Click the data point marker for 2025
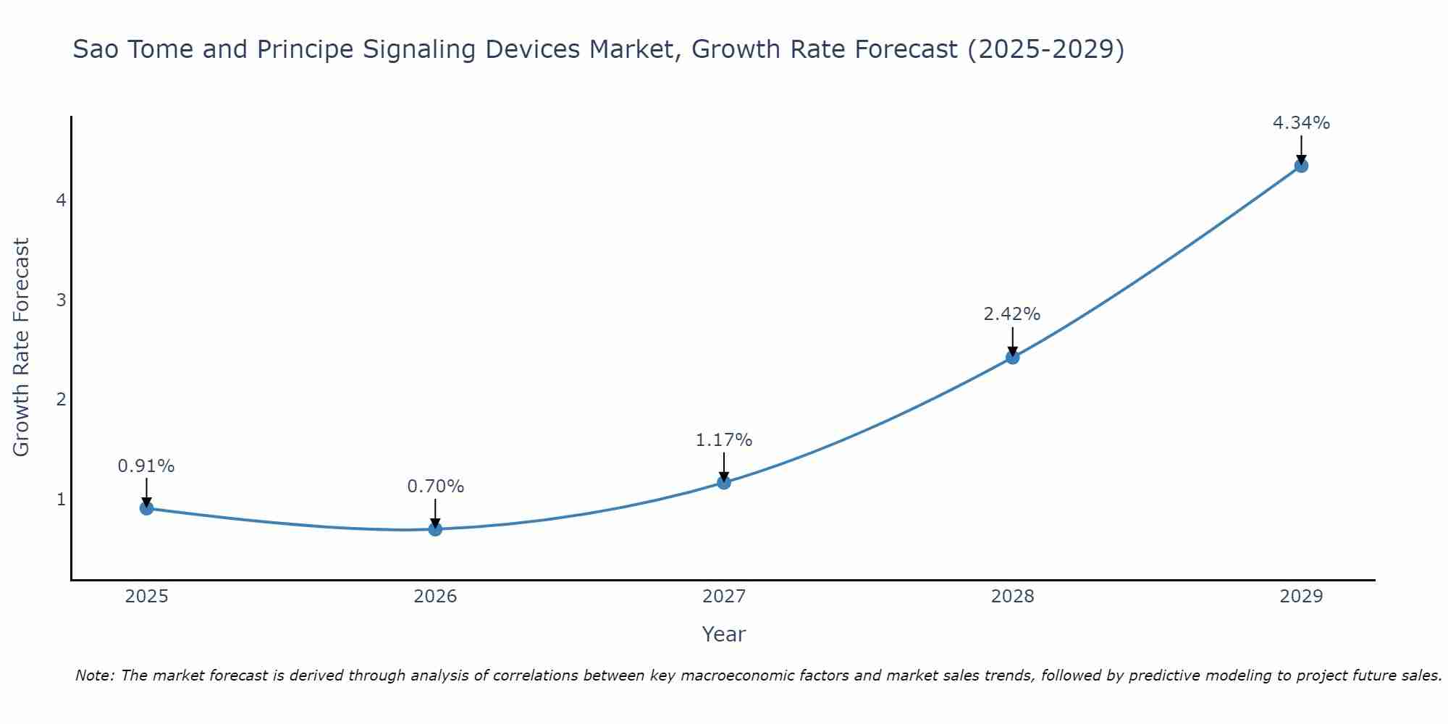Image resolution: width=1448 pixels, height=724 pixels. (x=146, y=508)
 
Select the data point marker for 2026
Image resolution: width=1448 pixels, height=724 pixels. (x=435, y=529)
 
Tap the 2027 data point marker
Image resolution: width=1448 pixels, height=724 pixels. (x=724, y=482)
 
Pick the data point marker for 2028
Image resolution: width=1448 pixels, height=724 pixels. (x=1012, y=357)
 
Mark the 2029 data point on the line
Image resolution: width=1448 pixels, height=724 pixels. (x=1301, y=166)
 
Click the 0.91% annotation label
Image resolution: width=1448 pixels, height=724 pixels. (x=146, y=466)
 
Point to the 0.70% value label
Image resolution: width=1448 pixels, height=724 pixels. (x=435, y=487)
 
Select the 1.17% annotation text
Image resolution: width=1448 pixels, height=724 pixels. (x=724, y=440)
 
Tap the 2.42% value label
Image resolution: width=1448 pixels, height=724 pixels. (x=1011, y=314)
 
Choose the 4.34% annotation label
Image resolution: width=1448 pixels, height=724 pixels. (x=1301, y=123)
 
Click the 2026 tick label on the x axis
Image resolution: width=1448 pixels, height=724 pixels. (x=435, y=597)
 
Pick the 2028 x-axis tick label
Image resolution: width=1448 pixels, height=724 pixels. (x=1012, y=597)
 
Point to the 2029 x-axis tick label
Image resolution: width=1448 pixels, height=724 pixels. (x=1301, y=597)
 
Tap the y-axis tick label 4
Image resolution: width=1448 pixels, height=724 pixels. (x=61, y=200)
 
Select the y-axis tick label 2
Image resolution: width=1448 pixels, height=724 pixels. (x=61, y=400)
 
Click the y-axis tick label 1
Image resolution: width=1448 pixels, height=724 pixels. (x=61, y=500)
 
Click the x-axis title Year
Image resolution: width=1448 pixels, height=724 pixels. (x=723, y=634)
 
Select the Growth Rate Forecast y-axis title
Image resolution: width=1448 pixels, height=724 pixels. (x=22, y=348)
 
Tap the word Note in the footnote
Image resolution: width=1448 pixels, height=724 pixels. (x=93, y=675)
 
